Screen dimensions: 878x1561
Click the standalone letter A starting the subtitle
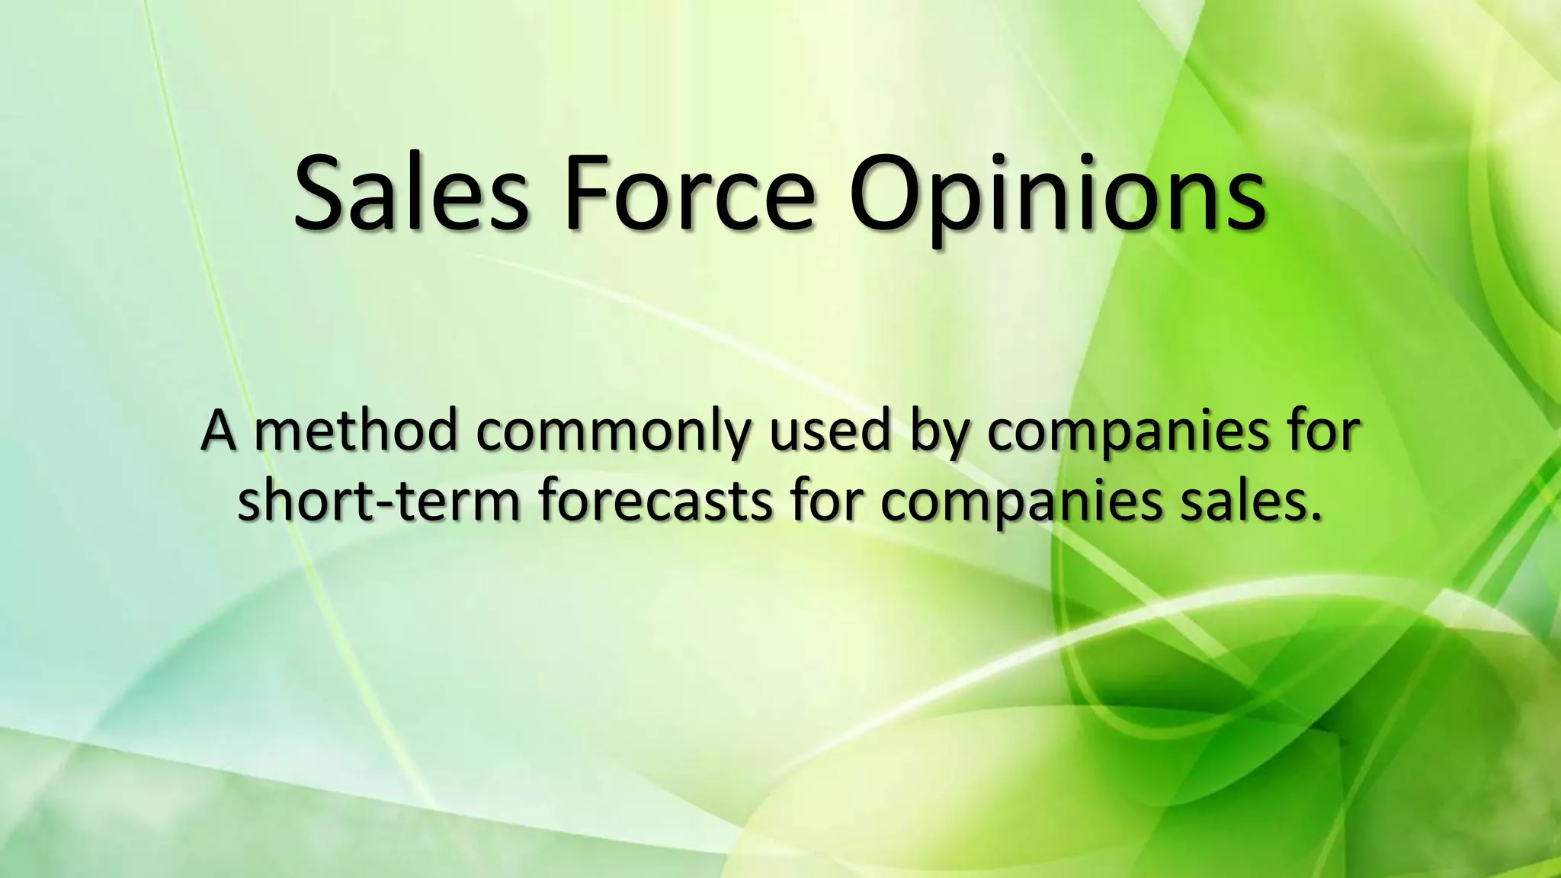(217, 431)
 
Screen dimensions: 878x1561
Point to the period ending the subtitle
(1314, 518)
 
